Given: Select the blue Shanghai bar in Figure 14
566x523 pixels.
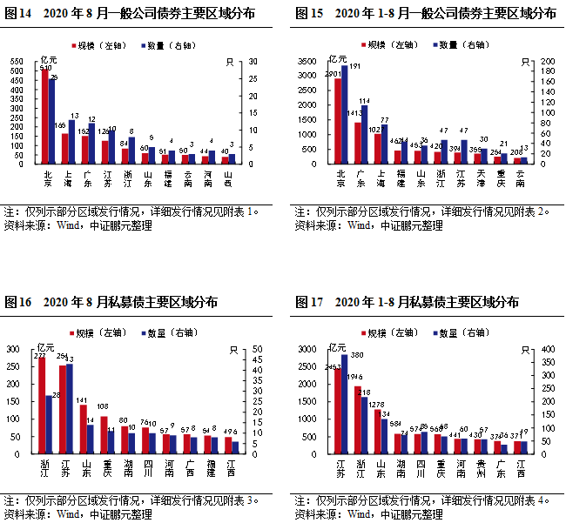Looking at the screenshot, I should point(71,142).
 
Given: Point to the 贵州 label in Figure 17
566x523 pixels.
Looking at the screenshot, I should point(480,468).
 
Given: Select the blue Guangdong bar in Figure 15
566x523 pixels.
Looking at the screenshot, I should point(364,134).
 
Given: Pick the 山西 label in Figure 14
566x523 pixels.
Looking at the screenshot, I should point(227,178).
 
